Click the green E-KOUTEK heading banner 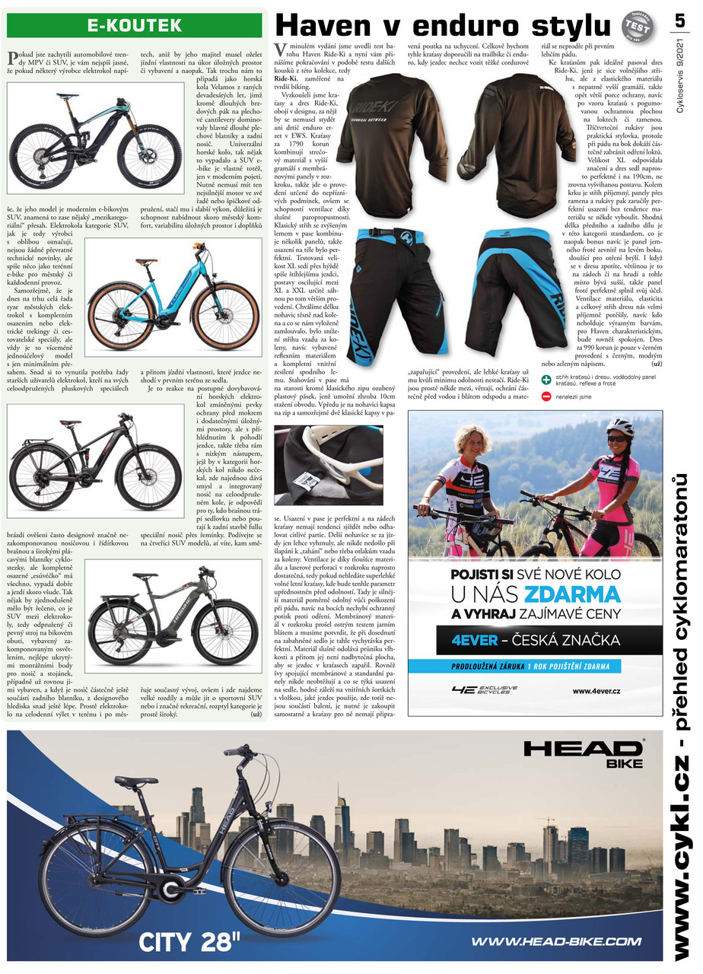[x=135, y=25]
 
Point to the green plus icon [x=546, y=379]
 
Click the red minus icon [x=546, y=396]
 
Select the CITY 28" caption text [x=189, y=942]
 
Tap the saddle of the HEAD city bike [x=135, y=781]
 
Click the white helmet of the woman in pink [x=620, y=428]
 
